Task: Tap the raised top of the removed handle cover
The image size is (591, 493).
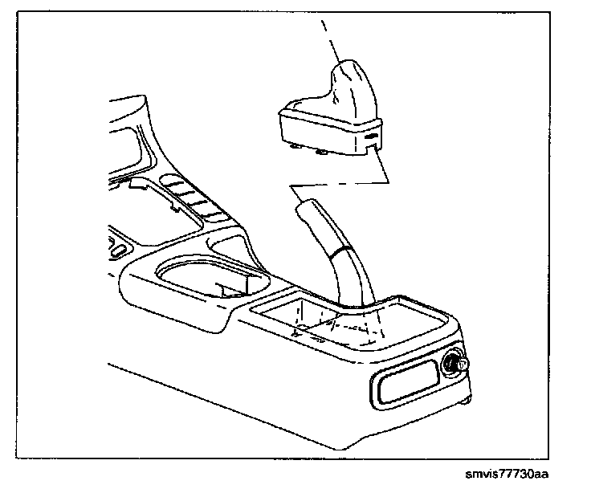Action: (x=351, y=77)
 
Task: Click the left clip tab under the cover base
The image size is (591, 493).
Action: (x=299, y=147)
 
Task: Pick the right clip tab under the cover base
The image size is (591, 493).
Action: (x=323, y=153)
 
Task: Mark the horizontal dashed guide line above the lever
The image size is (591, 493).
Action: (x=337, y=186)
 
